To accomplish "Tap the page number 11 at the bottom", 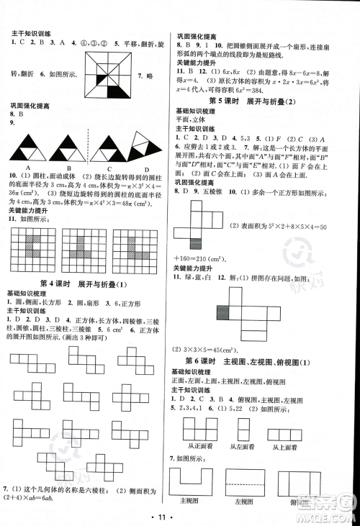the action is (180, 517).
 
